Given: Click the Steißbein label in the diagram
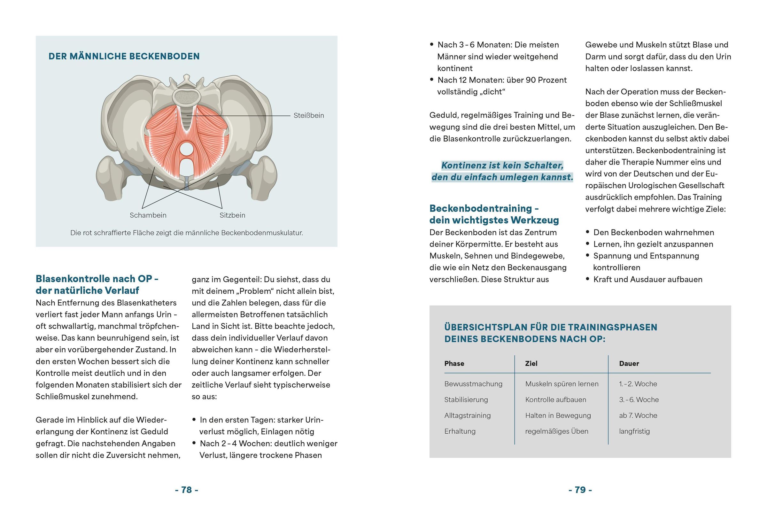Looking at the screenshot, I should pos(309,115).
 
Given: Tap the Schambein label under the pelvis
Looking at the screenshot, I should pos(148,215).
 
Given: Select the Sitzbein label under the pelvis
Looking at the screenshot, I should pos(232,215).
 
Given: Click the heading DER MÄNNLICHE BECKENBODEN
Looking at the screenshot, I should pos(124,57).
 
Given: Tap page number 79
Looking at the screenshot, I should pos(580,490).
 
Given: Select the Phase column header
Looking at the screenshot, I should pos(454,364).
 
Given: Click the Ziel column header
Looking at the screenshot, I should pos(531,364).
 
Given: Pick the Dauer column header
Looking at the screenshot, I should pos(629,364).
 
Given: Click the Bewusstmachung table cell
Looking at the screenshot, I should pos(473,384).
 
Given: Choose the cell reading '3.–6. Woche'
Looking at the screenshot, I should pos(639,399).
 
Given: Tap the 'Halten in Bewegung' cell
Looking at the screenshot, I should pos(558,415).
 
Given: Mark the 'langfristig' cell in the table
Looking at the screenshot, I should pos(634,431).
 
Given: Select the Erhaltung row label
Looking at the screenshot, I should pos(460,431).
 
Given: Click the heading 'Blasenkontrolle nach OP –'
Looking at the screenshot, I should pos(97,279).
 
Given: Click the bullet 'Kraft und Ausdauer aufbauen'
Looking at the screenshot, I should pos(647,279).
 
